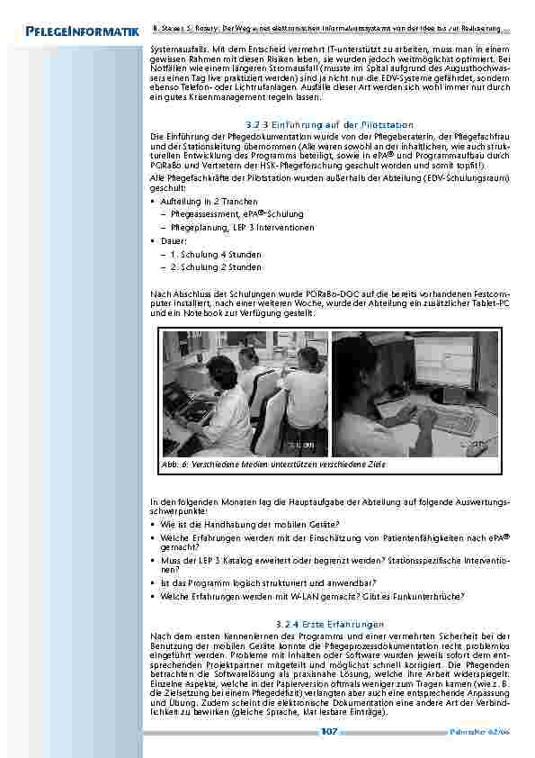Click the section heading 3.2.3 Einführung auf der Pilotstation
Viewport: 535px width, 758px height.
[329, 123]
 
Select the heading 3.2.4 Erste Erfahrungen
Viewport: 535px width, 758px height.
[329, 623]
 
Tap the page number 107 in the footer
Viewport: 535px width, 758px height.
[328, 732]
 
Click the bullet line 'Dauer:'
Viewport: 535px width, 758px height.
[174, 242]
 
